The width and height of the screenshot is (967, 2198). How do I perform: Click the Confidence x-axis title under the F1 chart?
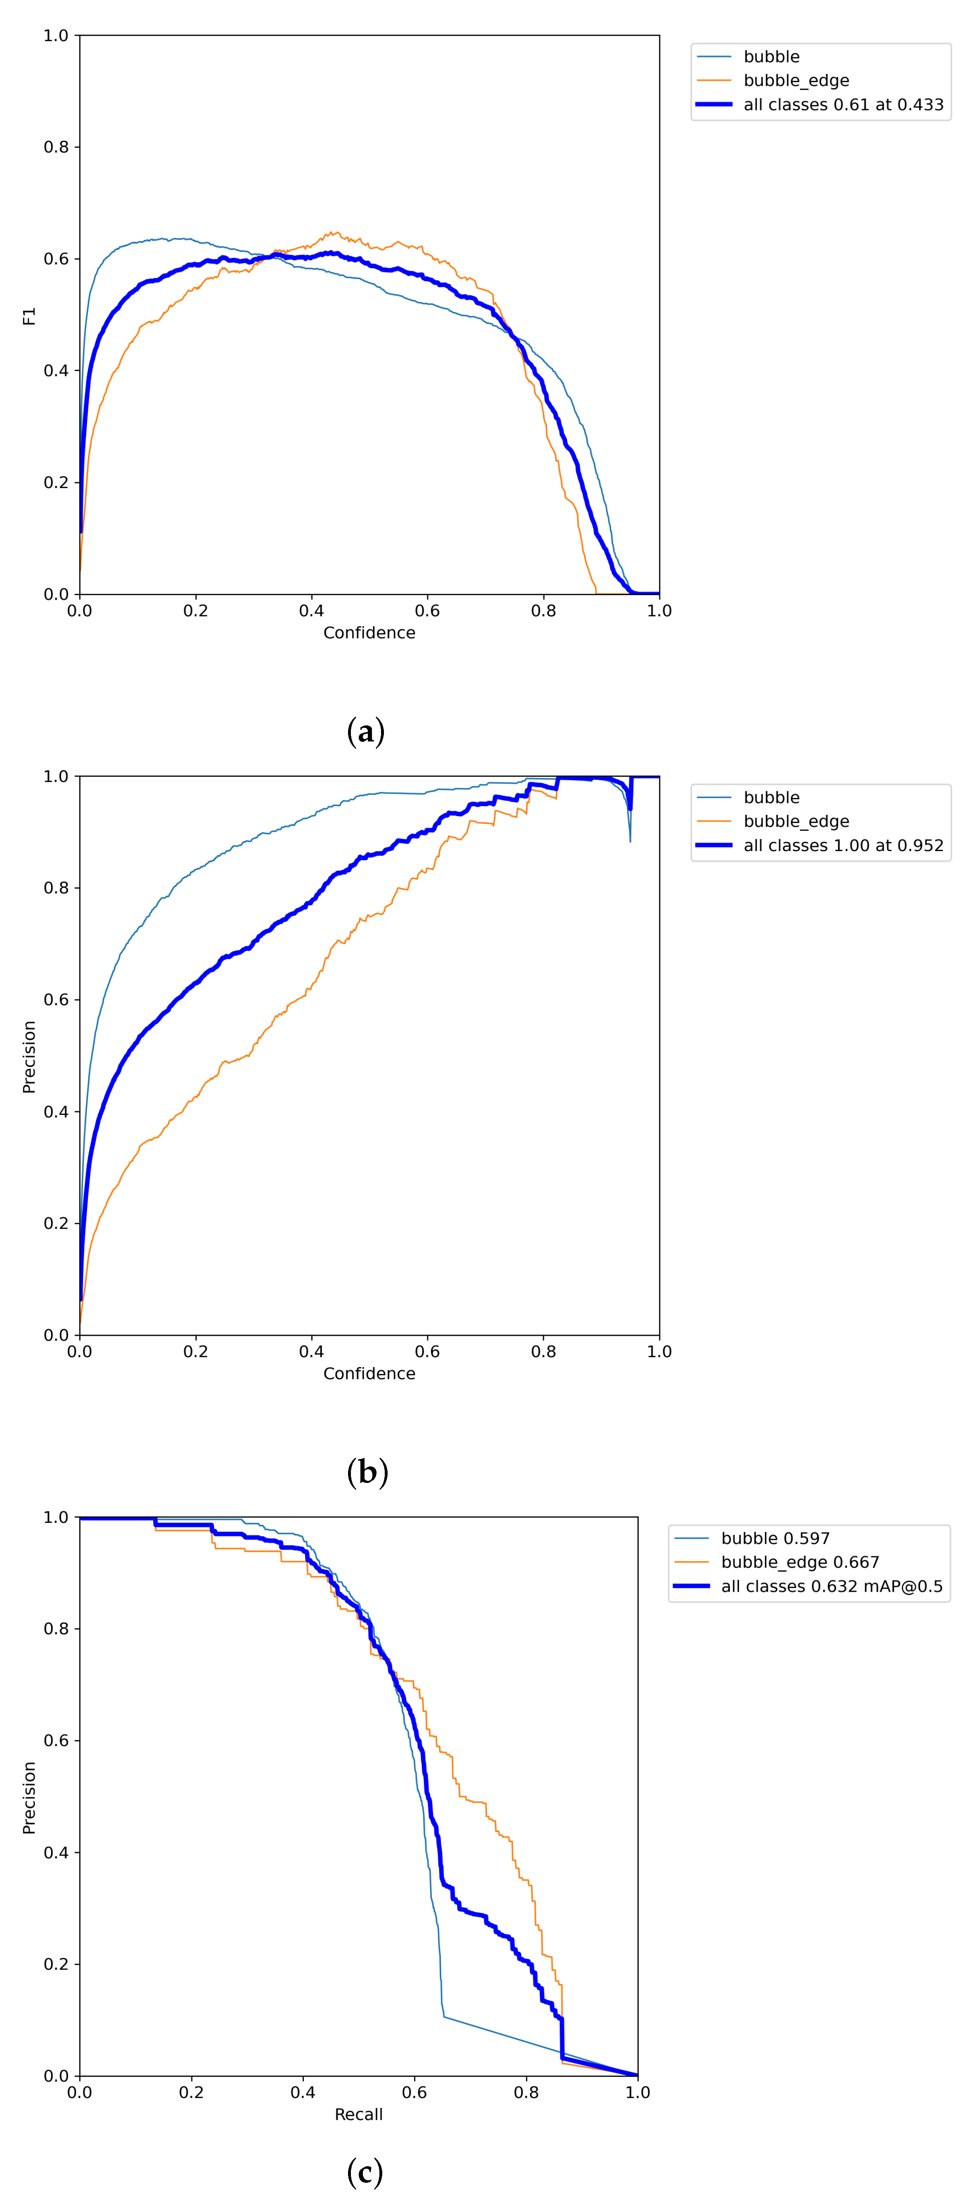tap(369, 632)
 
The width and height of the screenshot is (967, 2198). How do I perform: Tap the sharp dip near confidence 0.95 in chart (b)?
tap(630, 836)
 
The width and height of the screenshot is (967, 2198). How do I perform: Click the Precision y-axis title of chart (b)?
tap(29, 1056)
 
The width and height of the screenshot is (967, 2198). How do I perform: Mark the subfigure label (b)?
tap(367, 1472)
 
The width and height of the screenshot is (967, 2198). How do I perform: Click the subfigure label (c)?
tap(365, 2172)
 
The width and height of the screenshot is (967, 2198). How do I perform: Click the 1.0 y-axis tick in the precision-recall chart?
tap(56, 1517)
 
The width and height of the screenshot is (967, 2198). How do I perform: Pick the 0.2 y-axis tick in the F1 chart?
tap(56, 482)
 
